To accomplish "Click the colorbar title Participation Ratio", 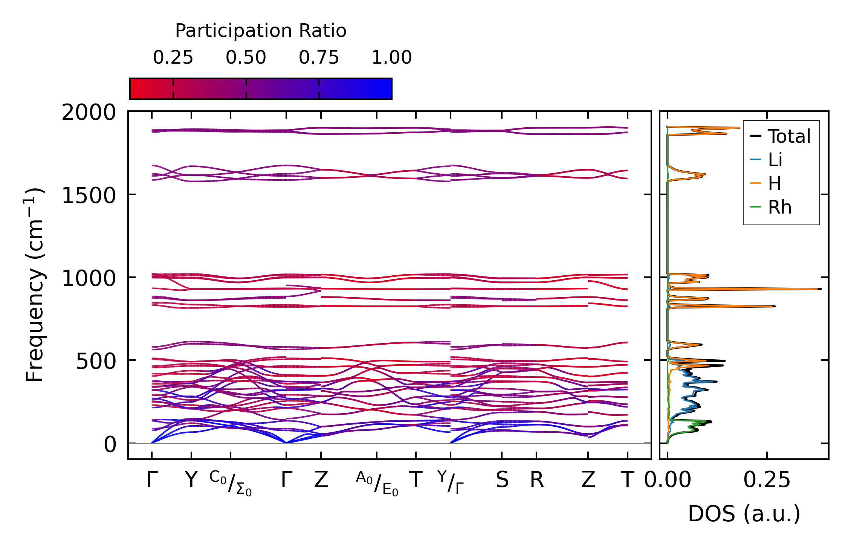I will [x=261, y=31].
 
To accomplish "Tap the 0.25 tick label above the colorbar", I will [x=173, y=58].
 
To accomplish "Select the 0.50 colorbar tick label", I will [x=246, y=58].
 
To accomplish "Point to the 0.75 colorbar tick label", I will [x=319, y=58].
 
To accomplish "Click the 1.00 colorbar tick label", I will [x=392, y=58].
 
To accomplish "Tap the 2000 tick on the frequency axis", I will [x=89, y=113].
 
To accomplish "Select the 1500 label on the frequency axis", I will [x=89, y=195].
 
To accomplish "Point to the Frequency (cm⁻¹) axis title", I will [x=35, y=285].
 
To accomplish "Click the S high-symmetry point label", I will [x=502, y=480].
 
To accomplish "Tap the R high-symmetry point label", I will [x=537, y=480].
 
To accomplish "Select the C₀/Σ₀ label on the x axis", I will [x=231, y=483].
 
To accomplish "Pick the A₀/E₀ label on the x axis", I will [x=377, y=483].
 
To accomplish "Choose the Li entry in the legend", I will [x=775, y=160].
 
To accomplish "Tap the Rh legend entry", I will [x=779, y=208].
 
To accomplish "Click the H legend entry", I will [x=775, y=184].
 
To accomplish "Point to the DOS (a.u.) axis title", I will [x=744, y=514].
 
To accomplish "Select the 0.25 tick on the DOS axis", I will [x=767, y=480].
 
